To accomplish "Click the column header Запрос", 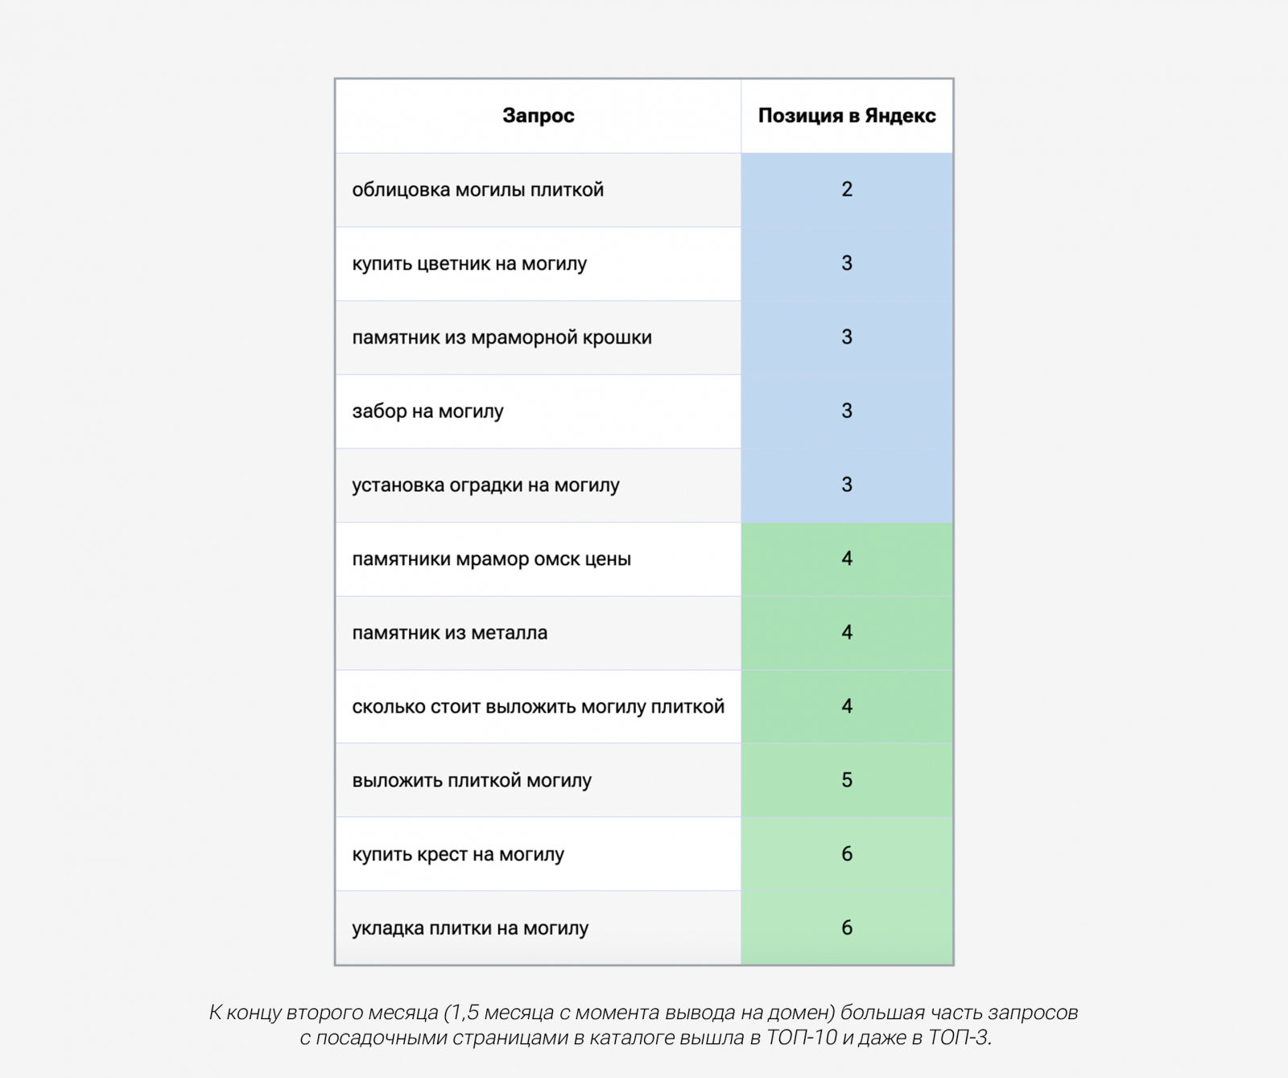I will point(538,116).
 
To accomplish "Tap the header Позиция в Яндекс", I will point(846,116).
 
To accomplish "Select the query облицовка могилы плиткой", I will point(477,190).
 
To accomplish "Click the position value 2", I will point(847,189).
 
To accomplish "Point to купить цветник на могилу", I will point(469,264).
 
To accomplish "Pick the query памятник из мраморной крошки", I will point(502,337).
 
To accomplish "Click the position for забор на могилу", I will point(847,411).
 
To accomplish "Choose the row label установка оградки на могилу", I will point(485,485).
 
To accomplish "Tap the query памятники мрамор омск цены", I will point(491,560).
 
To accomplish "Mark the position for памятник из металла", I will point(847,633).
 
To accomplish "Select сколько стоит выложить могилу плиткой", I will point(538,707).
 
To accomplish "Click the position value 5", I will point(847,780).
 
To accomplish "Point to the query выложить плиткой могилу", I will point(472,781).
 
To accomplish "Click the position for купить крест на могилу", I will point(847,854).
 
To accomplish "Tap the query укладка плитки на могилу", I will point(470,928).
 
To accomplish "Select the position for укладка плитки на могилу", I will point(847,928).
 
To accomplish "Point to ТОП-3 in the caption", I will point(958,1038).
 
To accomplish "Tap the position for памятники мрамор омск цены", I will point(847,559).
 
